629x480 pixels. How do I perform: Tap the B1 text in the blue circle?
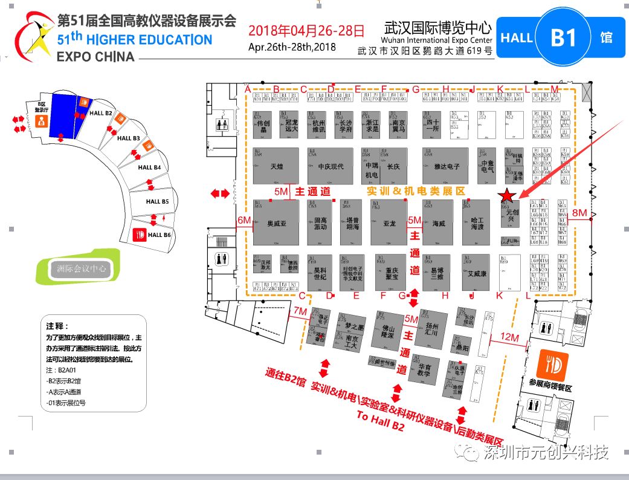(x=564, y=37)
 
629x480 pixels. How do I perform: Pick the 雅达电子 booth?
(x=447, y=165)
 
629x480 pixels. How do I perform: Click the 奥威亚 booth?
(x=276, y=223)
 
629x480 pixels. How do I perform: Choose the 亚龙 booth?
(x=389, y=223)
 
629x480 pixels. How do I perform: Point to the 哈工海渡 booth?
(x=477, y=223)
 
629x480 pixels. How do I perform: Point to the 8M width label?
(x=579, y=212)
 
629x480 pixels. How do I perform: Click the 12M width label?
(x=509, y=336)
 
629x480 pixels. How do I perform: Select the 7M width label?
(x=300, y=311)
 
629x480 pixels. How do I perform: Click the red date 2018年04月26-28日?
(x=306, y=30)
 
